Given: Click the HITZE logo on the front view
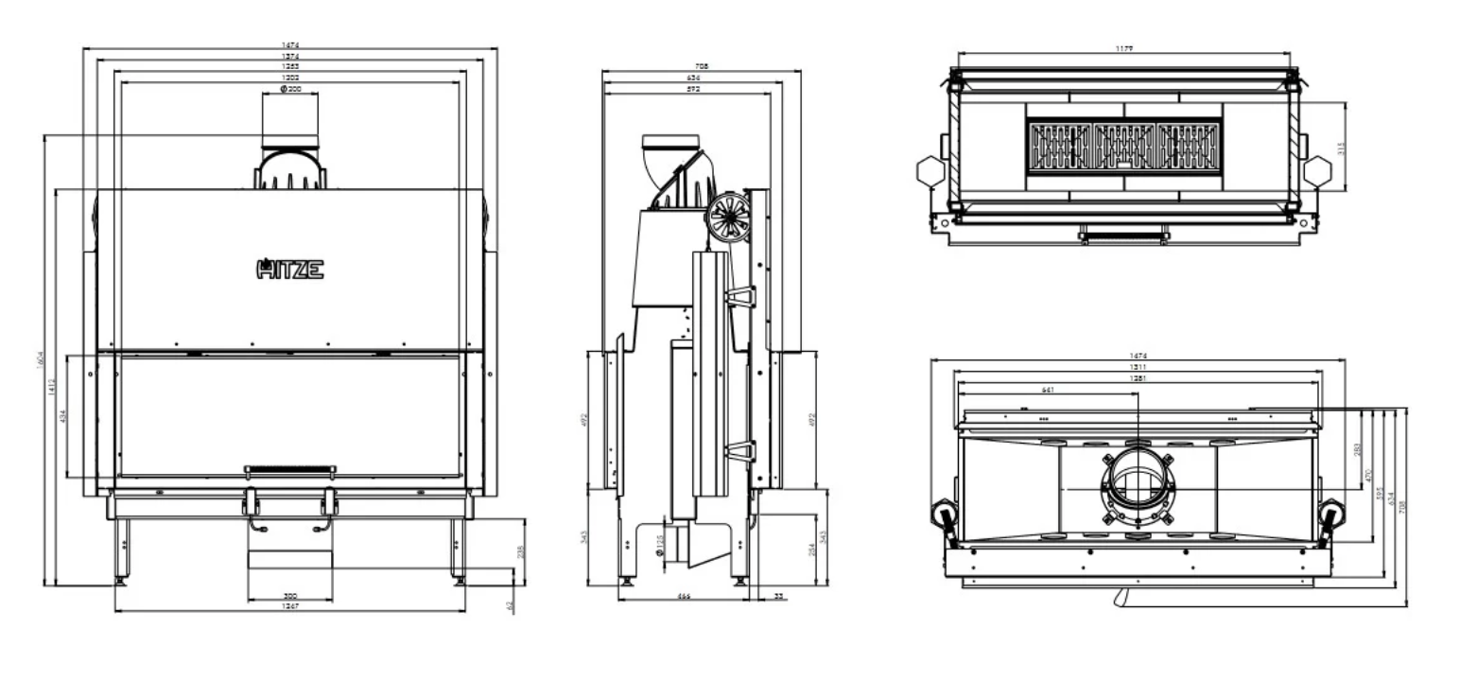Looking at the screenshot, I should coord(290,270).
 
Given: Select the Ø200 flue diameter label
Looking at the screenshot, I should coord(290,89).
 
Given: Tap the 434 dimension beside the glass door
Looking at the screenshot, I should coord(62,417).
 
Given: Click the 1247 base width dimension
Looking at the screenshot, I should coord(290,606).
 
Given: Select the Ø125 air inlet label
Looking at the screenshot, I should coord(659,545).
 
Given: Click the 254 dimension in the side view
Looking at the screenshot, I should coord(813,550).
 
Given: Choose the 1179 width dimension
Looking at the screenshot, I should coord(1124,48).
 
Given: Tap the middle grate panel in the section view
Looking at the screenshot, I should coord(1124,148).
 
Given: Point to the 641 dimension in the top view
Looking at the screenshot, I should coord(1048,390).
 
